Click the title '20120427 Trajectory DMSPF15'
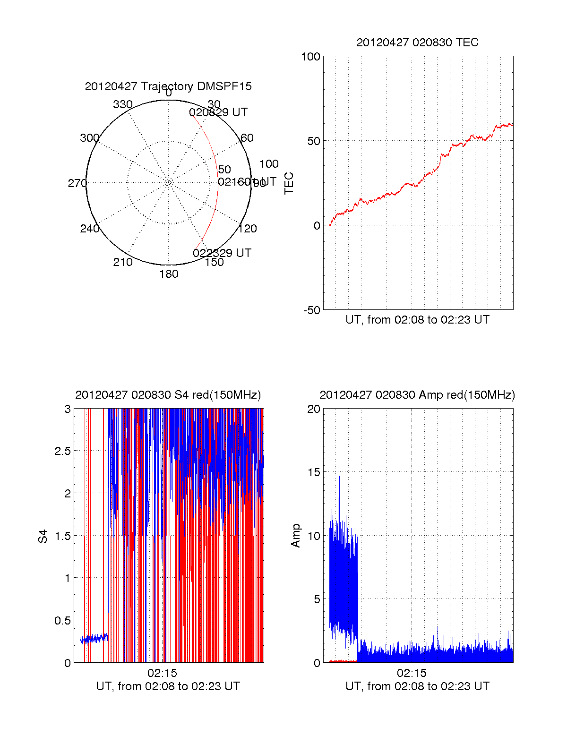pos(168,86)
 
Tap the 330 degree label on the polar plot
pos(122,104)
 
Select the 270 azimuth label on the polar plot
pos(77,183)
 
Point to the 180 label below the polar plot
pos(169,274)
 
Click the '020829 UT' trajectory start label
pos(218,112)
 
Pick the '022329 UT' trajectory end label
pos(222,253)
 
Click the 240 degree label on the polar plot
pos(89,229)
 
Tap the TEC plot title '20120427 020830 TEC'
pos(417,43)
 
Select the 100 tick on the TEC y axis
pos(310,57)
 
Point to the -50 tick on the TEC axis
pos(311,310)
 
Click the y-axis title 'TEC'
pos(289,183)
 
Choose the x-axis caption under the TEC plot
pos(417,320)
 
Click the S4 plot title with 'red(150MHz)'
pos(168,395)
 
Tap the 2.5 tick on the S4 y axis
pos(62,451)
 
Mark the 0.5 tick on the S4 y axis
pos(62,621)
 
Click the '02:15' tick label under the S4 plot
pos(162,673)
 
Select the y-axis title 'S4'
pos(43,536)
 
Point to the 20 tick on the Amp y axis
pos(314,409)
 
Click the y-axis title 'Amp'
pos(296,536)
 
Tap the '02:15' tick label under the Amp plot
pos(412,673)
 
